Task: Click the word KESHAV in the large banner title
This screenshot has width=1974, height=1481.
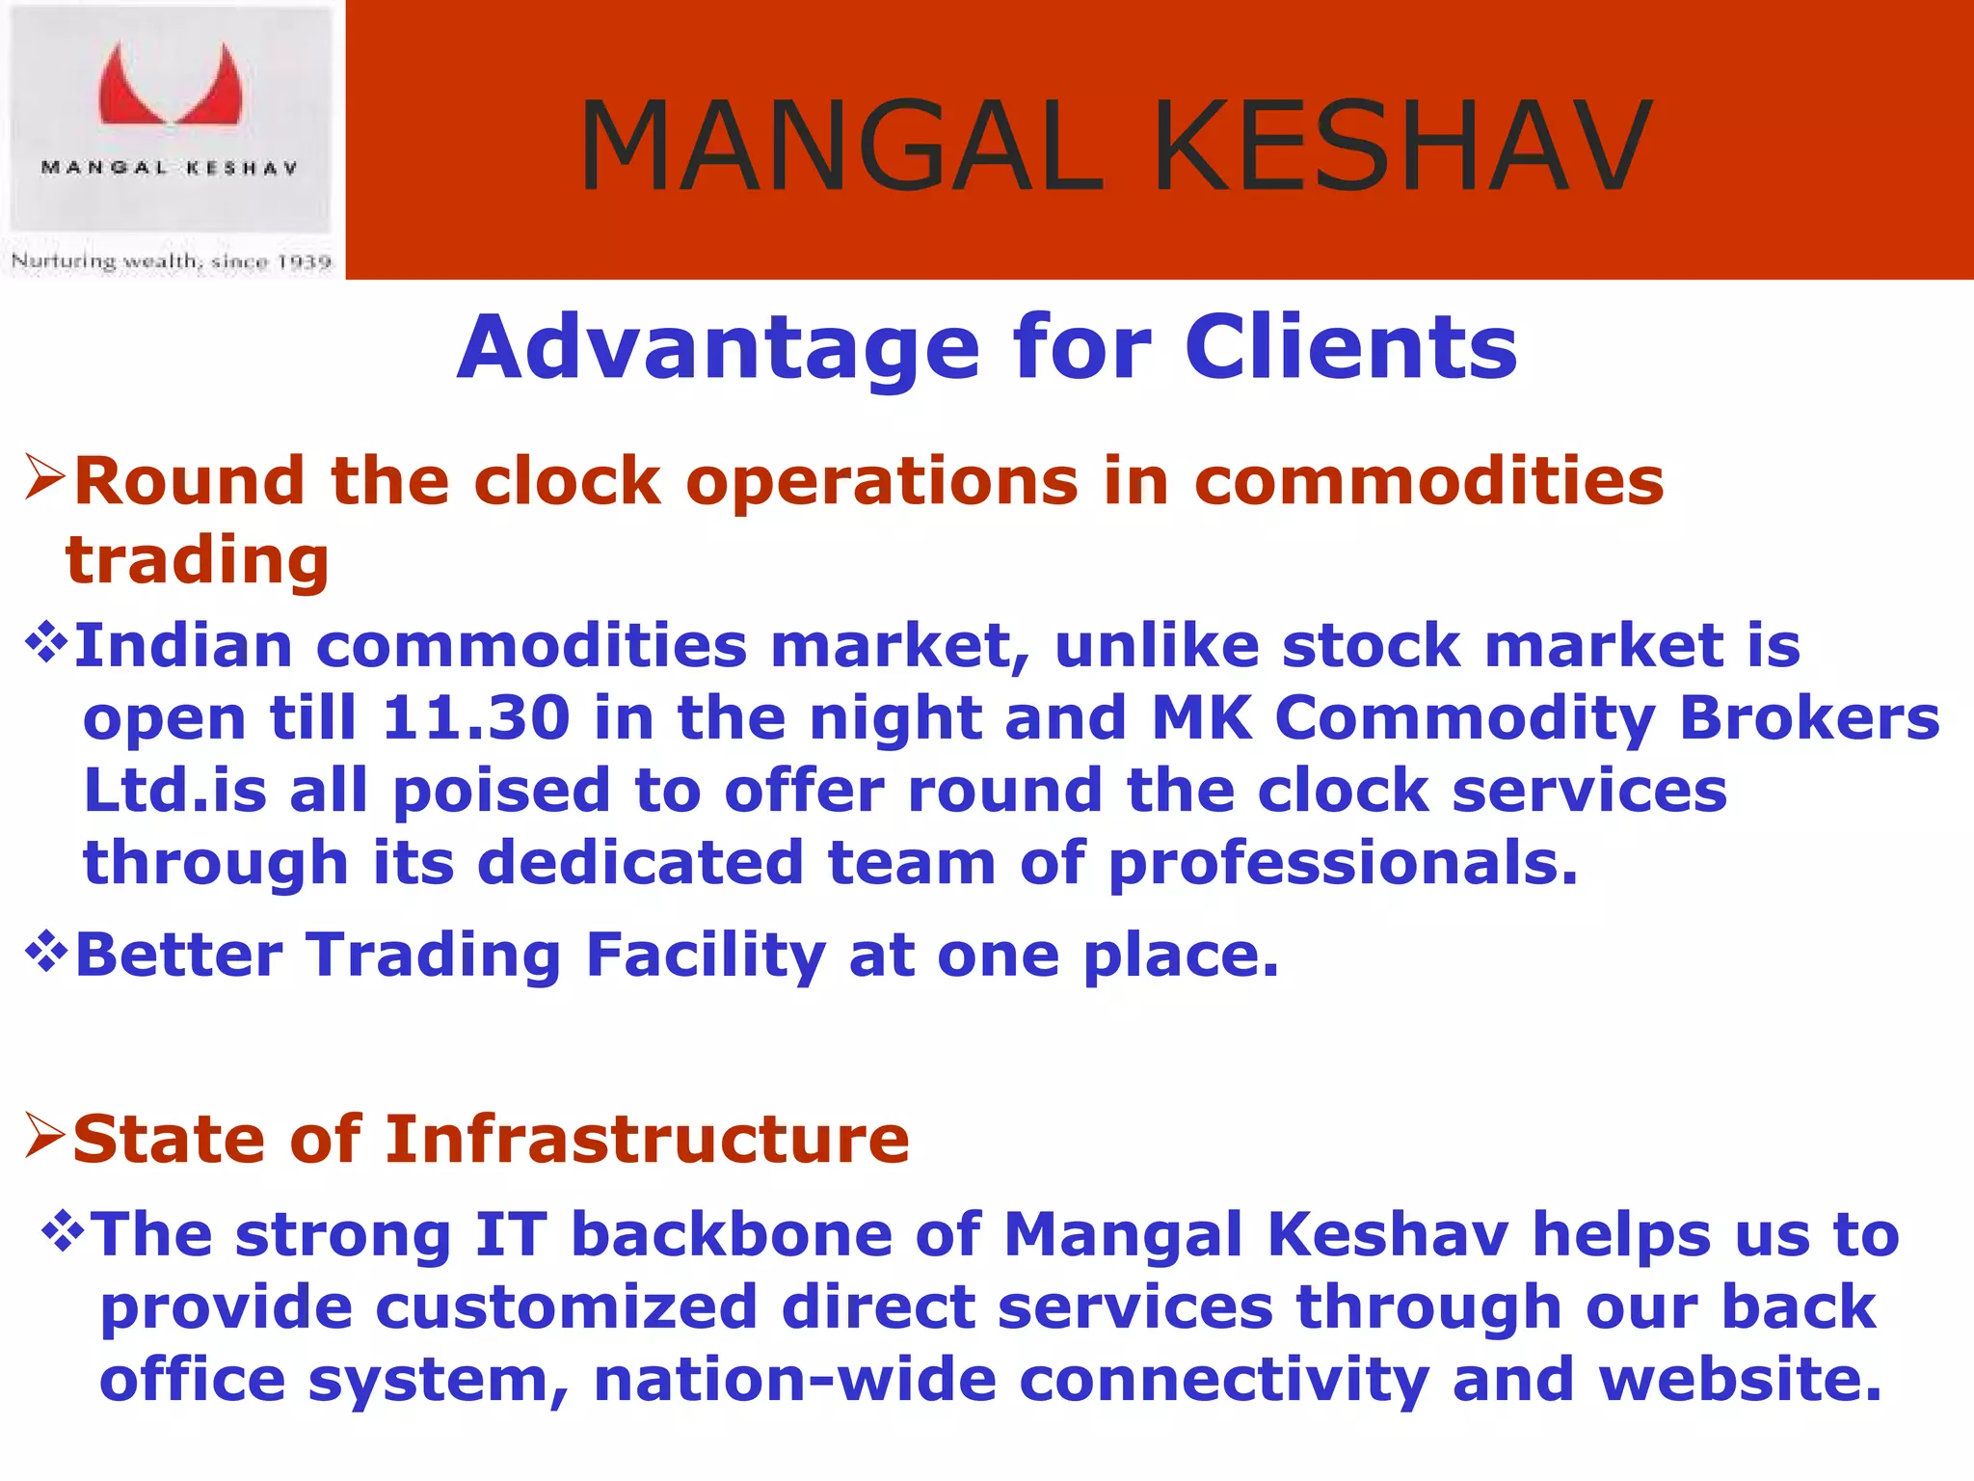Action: pyautogui.click(x=1402, y=147)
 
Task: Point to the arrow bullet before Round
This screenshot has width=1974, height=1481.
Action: pyautogui.click(x=44, y=478)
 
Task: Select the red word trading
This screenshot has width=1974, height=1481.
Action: pyautogui.click(x=198, y=560)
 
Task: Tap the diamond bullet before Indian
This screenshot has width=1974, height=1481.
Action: pyautogui.click(x=46, y=643)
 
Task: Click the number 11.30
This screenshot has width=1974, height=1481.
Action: pyautogui.click(x=476, y=718)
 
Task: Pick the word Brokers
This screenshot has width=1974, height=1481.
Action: pyautogui.click(x=1809, y=718)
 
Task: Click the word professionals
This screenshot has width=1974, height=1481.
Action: pyautogui.click(x=1343, y=863)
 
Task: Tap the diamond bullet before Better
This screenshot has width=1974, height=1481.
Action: pyautogui.click(x=46, y=953)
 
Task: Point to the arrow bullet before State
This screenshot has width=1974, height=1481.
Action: pyautogui.click(x=44, y=1136)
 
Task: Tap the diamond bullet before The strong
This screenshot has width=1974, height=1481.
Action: pyautogui.click(x=64, y=1233)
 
